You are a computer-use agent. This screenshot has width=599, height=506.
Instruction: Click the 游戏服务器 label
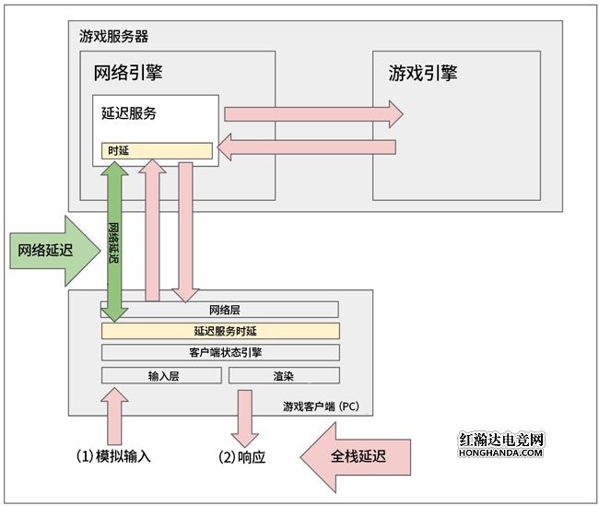(x=114, y=37)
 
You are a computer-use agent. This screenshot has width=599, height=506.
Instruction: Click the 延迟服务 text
(x=128, y=113)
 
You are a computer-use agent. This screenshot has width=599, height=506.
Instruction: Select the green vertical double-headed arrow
(x=114, y=241)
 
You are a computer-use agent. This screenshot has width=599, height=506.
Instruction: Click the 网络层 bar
(x=221, y=310)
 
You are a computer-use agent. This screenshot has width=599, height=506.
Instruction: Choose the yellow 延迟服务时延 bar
(x=221, y=331)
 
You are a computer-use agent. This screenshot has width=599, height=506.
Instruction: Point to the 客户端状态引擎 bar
(x=221, y=352)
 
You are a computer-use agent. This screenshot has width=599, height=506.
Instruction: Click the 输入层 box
(x=161, y=375)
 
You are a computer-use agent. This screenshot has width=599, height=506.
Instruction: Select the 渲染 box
(x=284, y=375)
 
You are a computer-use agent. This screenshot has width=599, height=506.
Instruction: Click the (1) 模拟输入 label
(x=112, y=455)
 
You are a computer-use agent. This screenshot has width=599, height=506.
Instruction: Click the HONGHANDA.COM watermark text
(x=501, y=453)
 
